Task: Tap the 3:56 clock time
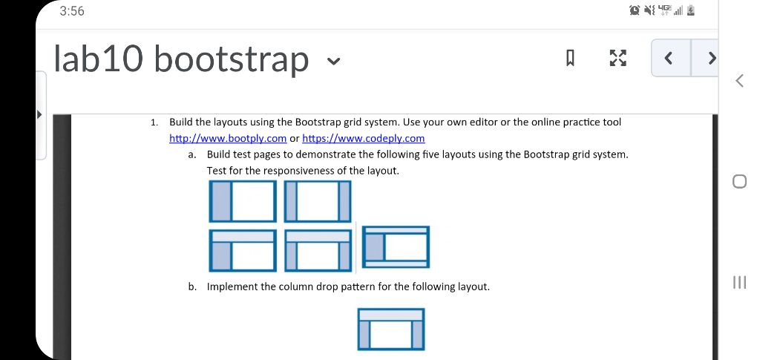pos(72,11)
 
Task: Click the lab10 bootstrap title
pos(181,59)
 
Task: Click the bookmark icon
pos(571,59)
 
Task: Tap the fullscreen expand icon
pos(617,59)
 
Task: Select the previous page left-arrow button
pos(670,58)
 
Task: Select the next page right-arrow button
pos(711,58)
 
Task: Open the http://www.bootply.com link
pos(228,138)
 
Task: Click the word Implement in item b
pos(232,287)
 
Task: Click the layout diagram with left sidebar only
pos(243,201)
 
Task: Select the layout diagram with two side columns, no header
pos(318,201)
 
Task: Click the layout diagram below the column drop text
pos(391,329)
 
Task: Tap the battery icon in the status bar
pos(691,11)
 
